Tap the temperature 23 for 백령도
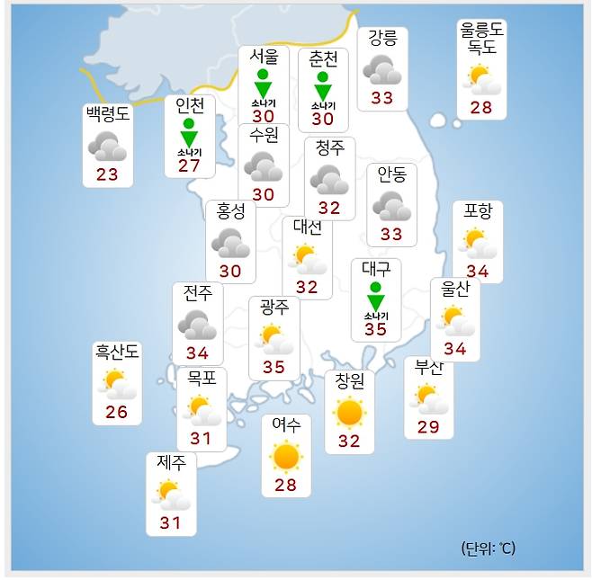[107, 174]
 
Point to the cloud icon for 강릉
[382, 70]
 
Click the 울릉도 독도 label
[481, 39]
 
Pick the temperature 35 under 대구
[375, 329]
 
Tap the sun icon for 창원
[349, 413]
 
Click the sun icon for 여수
[286, 457]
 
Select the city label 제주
[171, 463]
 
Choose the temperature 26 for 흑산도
[117, 413]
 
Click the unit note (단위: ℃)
[489, 548]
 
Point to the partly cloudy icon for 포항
[478, 243]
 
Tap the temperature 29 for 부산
[428, 427]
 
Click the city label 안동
[391, 175]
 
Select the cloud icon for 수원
[264, 165]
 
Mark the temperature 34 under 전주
[197, 353]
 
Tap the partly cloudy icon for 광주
[274, 340]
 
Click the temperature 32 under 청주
[329, 208]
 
